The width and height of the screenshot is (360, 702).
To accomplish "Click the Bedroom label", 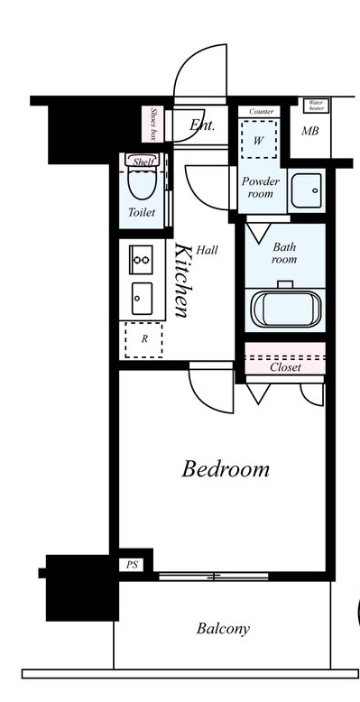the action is click(x=226, y=469).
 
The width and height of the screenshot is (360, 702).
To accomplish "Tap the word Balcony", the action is click(x=223, y=629).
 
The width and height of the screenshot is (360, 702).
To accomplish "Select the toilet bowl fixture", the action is click(x=143, y=178).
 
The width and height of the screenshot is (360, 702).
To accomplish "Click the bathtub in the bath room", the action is click(x=286, y=309).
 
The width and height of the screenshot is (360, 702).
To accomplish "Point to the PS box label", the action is click(x=132, y=565).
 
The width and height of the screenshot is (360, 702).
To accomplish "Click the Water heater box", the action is click(x=317, y=106).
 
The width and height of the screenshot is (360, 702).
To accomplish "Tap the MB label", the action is click(x=309, y=131).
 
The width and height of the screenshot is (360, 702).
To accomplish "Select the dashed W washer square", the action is click(x=259, y=138).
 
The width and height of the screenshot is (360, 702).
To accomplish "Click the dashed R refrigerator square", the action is click(x=143, y=339).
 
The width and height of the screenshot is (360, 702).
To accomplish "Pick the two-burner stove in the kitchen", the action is click(x=141, y=260).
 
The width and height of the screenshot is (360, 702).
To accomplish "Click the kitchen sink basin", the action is click(x=142, y=298).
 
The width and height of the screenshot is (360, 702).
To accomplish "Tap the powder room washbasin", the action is click(x=306, y=190).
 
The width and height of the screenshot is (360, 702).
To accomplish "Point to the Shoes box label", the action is click(x=152, y=124).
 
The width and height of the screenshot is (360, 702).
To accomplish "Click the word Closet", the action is click(x=285, y=367).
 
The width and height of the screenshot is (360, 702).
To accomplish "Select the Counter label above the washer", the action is click(x=261, y=112).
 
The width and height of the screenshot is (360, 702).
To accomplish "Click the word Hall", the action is click(x=207, y=250).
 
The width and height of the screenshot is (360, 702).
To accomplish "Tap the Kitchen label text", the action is click(x=181, y=280).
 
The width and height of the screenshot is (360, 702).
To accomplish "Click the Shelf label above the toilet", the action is click(x=143, y=162).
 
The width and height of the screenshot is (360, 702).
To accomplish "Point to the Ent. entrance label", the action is click(x=202, y=125).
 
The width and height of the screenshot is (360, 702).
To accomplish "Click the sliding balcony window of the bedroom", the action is click(x=214, y=577).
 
